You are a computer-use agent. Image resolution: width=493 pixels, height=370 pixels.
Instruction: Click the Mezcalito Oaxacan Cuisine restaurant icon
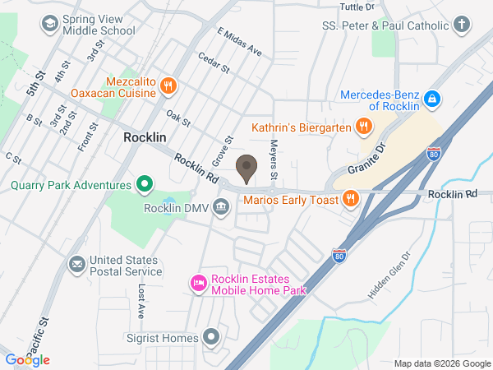click(x=168, y=85)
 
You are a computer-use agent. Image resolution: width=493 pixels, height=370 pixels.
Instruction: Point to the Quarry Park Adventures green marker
click(x=145, y=184)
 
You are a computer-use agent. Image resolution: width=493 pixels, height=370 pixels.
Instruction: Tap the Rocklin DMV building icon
click(x=221, y=207)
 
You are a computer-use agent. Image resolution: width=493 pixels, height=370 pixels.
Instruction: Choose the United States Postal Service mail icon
click(x=77, y=265)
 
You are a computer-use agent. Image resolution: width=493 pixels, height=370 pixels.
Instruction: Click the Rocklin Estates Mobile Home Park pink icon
click(x=198, y=284)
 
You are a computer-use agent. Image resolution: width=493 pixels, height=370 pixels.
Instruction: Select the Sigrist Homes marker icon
click(x=212, y=337)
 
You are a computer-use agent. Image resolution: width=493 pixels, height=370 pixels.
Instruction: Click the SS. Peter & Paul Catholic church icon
click(x=462, y=24)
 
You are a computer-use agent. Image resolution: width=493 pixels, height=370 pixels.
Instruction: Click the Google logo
click(x=27, y=359)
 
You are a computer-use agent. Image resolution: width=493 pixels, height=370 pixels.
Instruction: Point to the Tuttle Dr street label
click(x=356, y=6)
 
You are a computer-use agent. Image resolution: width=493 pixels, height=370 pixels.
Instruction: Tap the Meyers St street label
click(x=274, y=160)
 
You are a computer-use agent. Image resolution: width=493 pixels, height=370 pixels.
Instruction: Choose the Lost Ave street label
click(x=141, y=302)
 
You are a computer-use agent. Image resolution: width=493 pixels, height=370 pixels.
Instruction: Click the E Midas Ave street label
click(x=239, y=42)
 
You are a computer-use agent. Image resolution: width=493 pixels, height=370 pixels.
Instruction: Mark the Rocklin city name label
click(x=146, y=137)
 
